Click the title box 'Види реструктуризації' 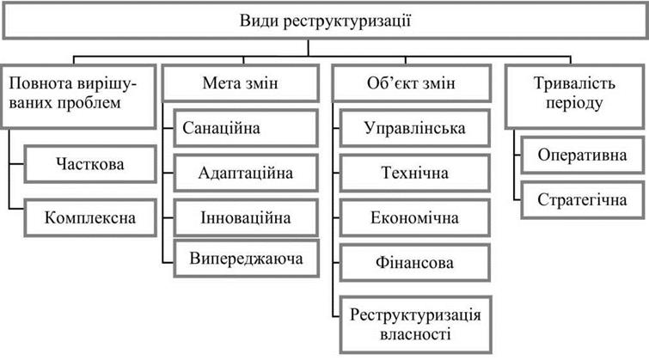(325, 21)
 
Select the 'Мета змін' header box (241, 83)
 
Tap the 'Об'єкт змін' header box (411, 83)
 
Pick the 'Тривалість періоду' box (574, 96)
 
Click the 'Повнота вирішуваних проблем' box (78, 96)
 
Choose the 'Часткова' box (90, 164)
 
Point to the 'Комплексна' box (90, 217)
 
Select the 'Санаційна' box (246, 128)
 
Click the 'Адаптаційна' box (246, 173)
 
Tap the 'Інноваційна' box (246, 217)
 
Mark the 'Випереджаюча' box (246, 259)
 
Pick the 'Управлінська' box (414, 128)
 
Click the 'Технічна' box (414, 173)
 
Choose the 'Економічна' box (414, 217)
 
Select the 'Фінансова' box (414, 263)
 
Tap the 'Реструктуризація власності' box (415, 325)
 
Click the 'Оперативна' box (582, 156)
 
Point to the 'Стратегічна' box (582, 200)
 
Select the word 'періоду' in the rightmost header (574, 103)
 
